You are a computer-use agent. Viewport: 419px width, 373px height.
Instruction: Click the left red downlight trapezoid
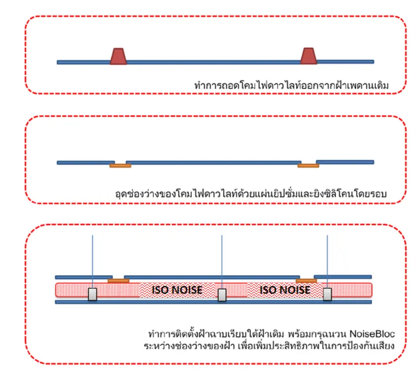click(118, 56)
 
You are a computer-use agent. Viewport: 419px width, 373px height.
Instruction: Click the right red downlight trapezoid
click(309, 56)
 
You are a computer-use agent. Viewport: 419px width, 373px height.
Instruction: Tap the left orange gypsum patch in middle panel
click(120, 166)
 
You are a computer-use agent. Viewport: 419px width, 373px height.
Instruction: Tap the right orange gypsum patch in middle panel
click(309, 166)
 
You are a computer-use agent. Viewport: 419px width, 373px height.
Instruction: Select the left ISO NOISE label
click(177, 290)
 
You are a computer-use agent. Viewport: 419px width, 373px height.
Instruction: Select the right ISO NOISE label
click(285, 290)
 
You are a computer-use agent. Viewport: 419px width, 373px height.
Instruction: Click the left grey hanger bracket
click(93, 294)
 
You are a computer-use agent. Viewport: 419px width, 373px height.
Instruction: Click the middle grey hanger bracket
click(222, 295)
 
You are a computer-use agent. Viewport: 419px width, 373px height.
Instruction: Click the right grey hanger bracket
click(327, 294)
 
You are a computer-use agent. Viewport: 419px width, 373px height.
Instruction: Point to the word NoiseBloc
click(372, 334)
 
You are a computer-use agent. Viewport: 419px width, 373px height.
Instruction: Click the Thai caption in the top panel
click(291, 86)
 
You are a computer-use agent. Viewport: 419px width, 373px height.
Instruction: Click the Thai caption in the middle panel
click(251, 194)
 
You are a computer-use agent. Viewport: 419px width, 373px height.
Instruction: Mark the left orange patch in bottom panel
click(118, 281)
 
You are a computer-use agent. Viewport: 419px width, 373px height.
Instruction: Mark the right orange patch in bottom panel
click(306, 281)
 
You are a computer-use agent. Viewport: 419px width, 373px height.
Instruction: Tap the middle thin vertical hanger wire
click(222, 262)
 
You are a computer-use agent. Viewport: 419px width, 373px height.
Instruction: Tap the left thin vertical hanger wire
click(93, 262)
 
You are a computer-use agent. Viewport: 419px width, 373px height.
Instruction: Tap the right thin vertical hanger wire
click(327, 262)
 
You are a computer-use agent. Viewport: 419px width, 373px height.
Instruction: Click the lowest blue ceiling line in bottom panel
click(213, 302)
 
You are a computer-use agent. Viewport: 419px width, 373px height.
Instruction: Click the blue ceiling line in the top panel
click(215, 62)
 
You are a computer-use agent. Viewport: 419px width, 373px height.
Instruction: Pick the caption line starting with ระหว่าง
click(269, 346)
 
